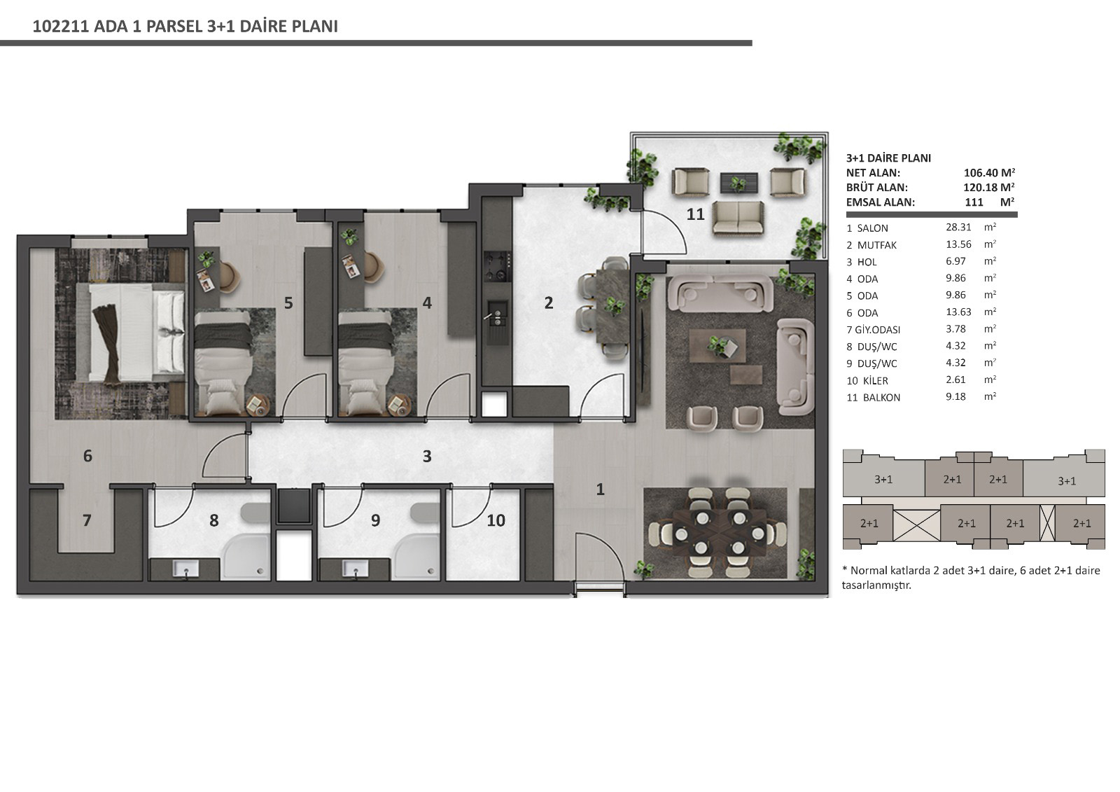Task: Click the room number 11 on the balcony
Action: [695, 214]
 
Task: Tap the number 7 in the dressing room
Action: [87, 520]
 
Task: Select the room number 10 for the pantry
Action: [496, 520]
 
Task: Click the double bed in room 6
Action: [136, 332]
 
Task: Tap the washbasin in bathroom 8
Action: [185, 569]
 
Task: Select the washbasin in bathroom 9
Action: [356, 569]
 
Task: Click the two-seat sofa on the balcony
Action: [738, 218]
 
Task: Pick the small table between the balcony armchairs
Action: [738, 183]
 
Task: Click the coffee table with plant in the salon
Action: [717, 345]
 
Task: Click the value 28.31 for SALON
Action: [958, 227]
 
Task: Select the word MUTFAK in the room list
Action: [877, 245]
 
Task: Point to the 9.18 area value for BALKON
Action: [955, 397]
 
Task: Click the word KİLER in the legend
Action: [876, 381]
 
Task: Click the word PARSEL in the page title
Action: [174, 27]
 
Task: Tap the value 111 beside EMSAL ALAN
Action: [974, 202]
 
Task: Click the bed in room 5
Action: [223, 363]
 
